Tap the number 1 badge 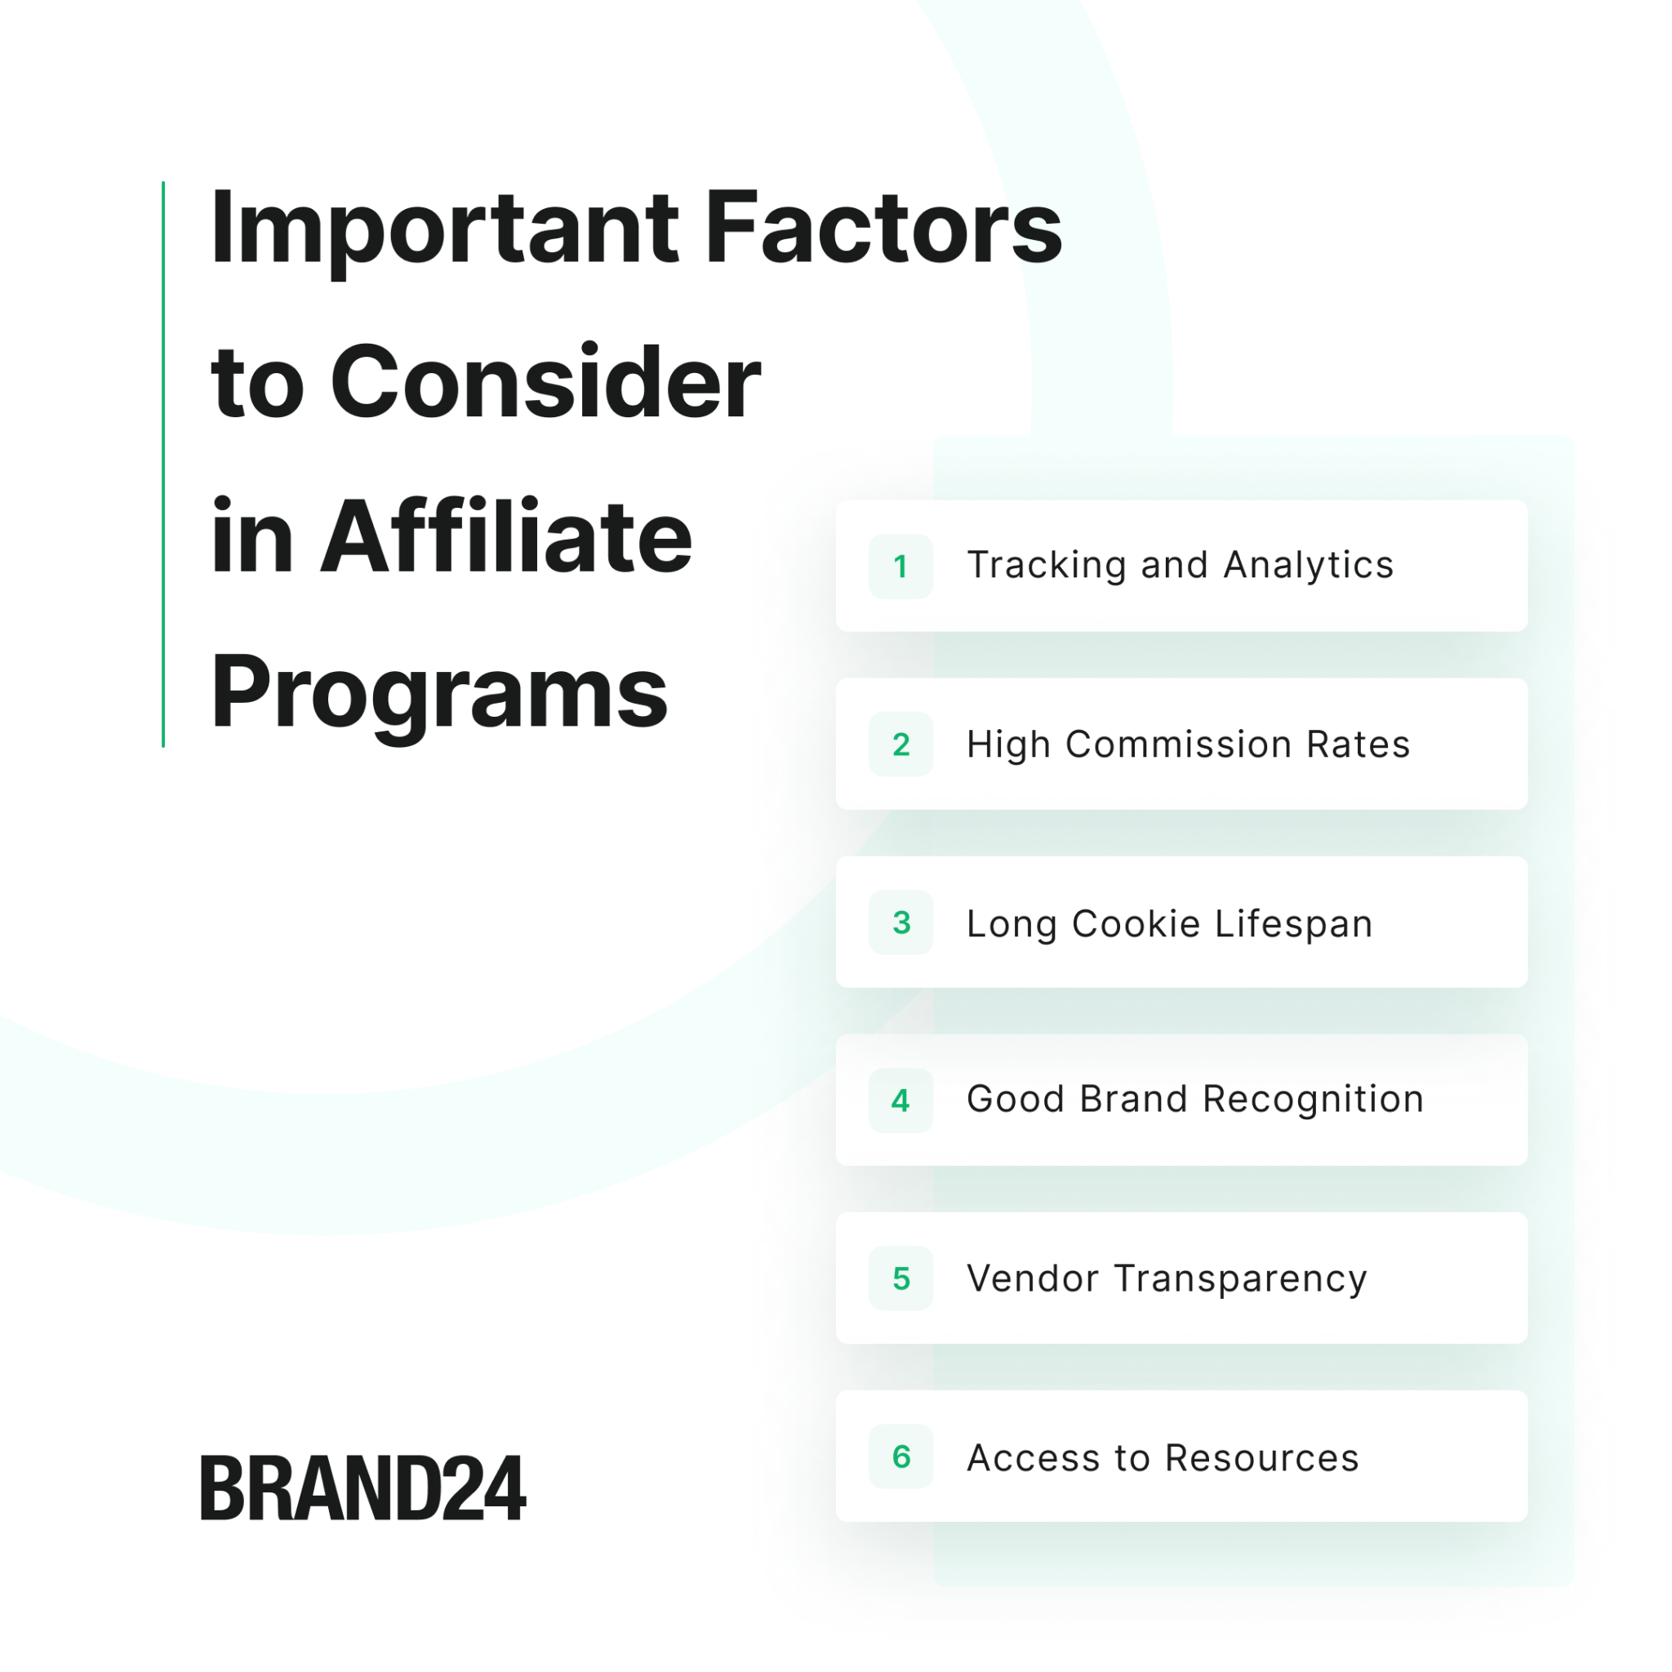(x=901, y=566)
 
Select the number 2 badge (x=901, y=745)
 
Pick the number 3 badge (x=901, y=923)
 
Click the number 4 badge (x=901, y=1101)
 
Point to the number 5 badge (x=901, y=1278)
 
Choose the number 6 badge (x=901, y=1456)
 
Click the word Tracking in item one (x=1047, y=566)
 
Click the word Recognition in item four (x=1313, y=1101)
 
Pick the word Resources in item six (x=1262, y=1457)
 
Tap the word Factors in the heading (x=883, y=227)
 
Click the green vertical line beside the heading (x=162, y=464)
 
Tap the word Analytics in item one (x=1309, y=566)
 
